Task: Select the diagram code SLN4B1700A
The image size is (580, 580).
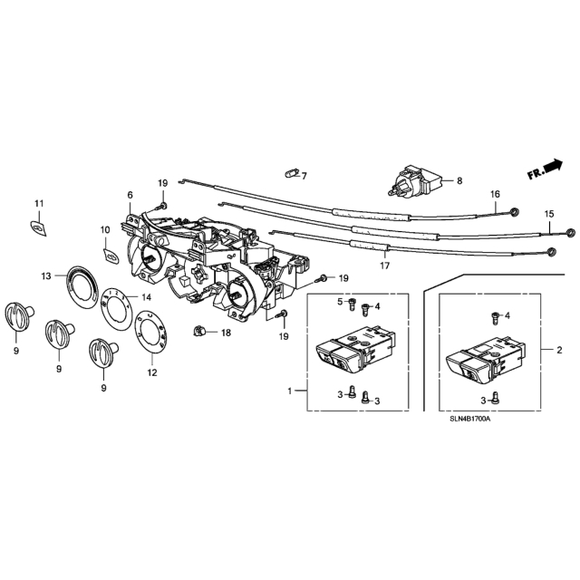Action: (x=469, y=419)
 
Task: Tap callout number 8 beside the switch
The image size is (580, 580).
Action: (x=459, y=181)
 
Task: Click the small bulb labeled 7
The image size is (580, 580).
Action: (x=292, y=173)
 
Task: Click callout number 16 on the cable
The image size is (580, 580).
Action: (x=495, y=194)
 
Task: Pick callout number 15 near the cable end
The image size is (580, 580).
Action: (x=549, y=214)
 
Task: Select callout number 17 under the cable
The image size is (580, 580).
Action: (x=384, y=266)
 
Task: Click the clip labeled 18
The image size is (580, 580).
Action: (x=199, y=330)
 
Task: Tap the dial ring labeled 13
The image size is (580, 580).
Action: (x=82, y=286)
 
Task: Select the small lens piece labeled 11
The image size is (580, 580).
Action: (x=38, y=227)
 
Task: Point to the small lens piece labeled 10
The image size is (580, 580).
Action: (x=111, y=256)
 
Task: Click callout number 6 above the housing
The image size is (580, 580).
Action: (x=130, y=195)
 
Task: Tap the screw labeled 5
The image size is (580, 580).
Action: (x=352, y=304)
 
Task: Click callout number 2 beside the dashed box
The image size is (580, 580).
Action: (x=559, y=350)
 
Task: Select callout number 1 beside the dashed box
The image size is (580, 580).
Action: (x=290, y=391)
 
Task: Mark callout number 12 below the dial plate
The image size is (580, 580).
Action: (x=152, y=372)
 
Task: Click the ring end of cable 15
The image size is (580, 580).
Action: (x=571, y=233)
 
